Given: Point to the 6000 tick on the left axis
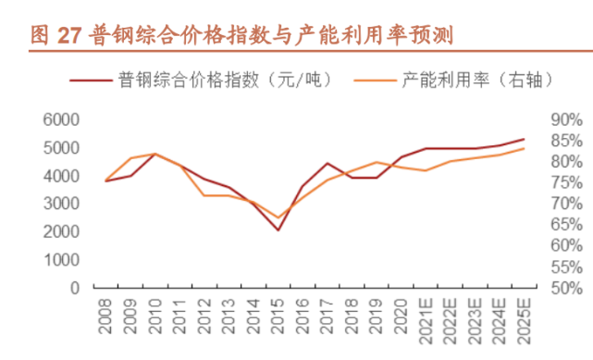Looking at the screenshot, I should click(x=61, y=119).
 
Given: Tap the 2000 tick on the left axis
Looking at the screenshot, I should click(x=61, y=231).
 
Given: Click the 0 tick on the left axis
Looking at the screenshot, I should click(x=74, y=288).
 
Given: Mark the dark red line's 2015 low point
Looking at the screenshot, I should click(x=278, y=230).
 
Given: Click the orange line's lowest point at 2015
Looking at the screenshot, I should click(x=278, y=217).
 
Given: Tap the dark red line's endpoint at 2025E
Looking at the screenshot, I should click(x=525, y=139).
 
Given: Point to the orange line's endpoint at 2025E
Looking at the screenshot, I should click(x=525, y=148).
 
